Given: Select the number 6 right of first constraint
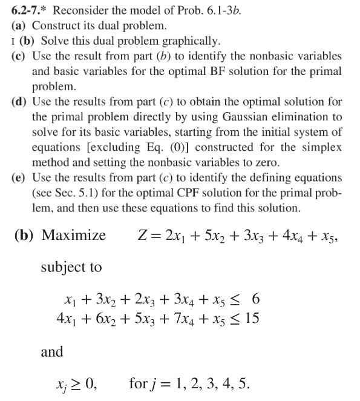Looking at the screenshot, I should pyautogui.click(x=256, y=299).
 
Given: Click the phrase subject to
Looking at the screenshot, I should pyautogui.click(x=71, y=267).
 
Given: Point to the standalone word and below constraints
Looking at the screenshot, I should pyautogui.click(x=51, y=351).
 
